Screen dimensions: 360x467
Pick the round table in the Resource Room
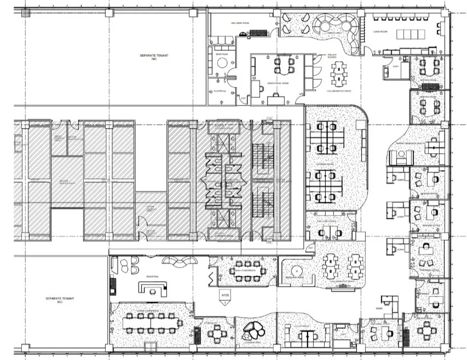[x=296, y=271]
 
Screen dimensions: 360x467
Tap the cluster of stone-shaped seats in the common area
[x=255, y=330]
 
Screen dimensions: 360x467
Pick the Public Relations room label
[x=327, y=222]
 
